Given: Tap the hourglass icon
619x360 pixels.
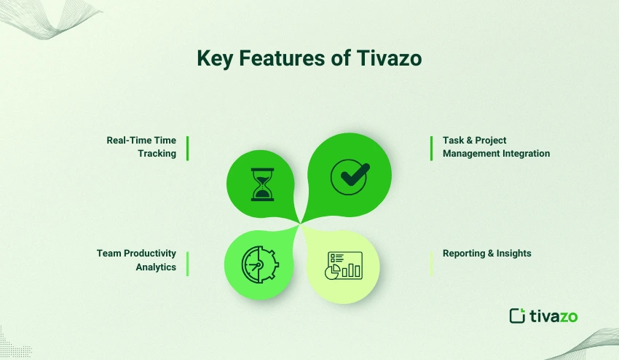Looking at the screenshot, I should tap(261, 184).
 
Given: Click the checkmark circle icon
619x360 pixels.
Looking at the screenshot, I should tap(350, 176).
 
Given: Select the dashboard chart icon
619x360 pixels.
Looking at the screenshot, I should tap(344, 265).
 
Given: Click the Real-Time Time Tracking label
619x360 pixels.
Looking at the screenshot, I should tap(141, 146).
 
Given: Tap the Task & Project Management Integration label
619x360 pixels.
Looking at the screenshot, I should tap(496, 146).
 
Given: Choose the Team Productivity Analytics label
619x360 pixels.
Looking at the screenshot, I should tap(136, 260).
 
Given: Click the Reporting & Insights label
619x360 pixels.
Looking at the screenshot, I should tap(486, 254).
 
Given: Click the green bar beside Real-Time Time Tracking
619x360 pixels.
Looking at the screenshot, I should tap(187, 147).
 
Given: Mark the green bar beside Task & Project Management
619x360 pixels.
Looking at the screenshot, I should tap(432, 147).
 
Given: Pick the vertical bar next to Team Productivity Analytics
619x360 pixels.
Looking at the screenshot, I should tap(187, 263).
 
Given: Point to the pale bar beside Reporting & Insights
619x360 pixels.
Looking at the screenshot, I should tap(432, 263).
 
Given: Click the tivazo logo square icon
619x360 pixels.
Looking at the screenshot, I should tap(517, 316).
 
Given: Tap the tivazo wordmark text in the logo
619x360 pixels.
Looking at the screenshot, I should tap(553, 316).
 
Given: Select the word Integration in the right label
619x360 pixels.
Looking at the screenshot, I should tap(524, 154).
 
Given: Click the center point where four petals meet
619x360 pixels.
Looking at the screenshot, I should tap(299, 223).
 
